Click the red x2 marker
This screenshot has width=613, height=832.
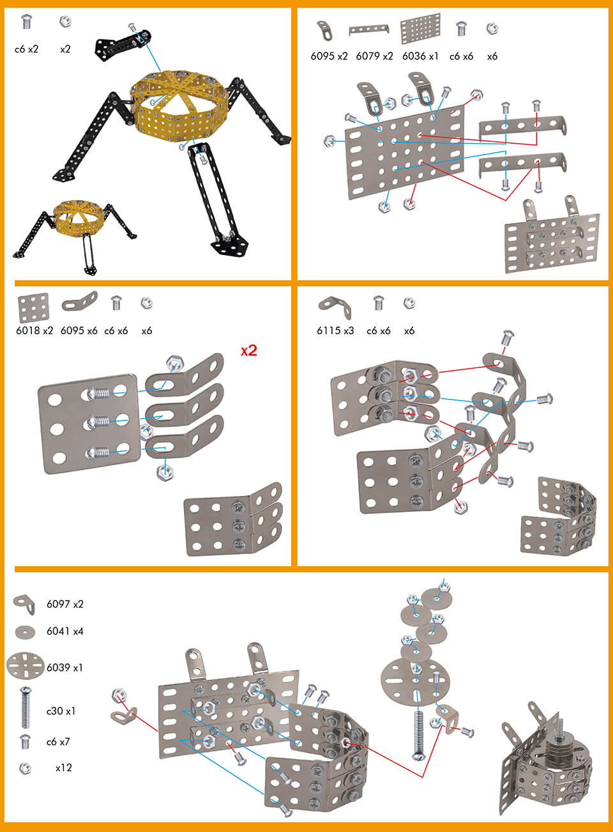pos(248,351)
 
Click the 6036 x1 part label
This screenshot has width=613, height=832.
pos(420,56)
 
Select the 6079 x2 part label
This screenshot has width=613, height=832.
pos(374,56)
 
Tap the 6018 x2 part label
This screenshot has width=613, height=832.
pos(34,331)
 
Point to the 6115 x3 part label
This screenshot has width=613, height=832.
pos(335,331)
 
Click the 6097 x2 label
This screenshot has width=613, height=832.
pos(64,604)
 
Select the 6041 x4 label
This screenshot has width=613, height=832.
pos(64,631)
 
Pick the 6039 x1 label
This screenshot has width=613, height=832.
pos(64,668)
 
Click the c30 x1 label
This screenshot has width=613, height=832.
pos(61,711)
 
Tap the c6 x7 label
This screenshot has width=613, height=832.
pos(58,742)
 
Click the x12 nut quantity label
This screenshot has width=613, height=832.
pos(63,767)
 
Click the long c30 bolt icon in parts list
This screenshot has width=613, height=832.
pos(26,707)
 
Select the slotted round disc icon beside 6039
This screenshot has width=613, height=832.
pos(24,666)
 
